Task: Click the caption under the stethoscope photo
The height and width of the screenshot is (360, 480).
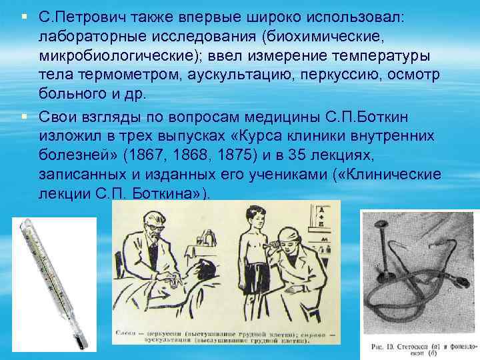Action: click(417, 346)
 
